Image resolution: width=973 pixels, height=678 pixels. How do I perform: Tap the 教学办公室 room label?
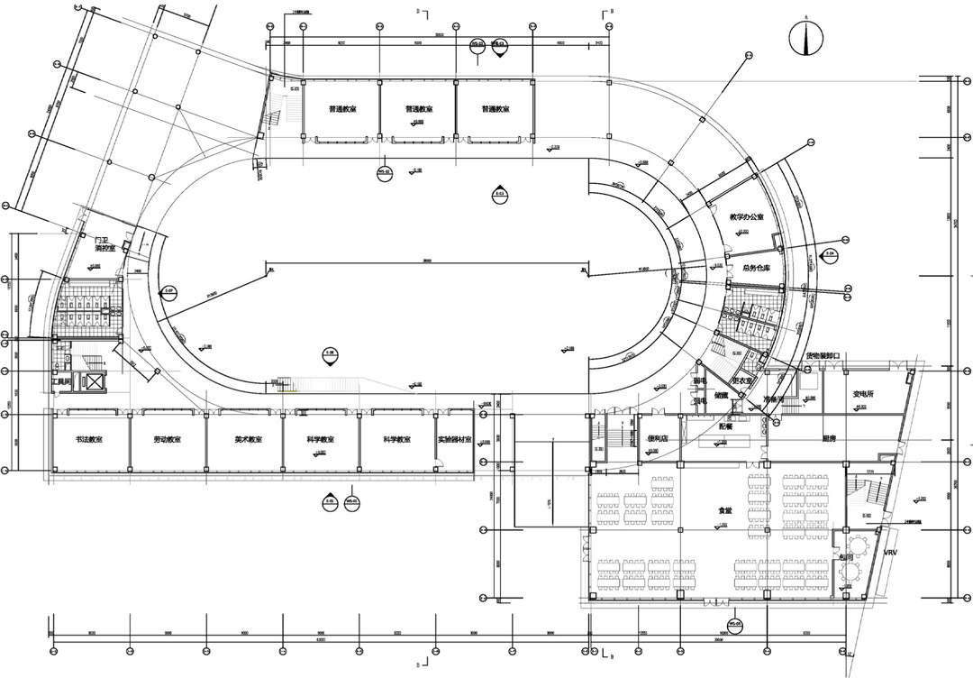[x=747, y=217]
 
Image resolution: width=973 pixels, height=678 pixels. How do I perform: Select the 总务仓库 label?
[x=759, y=268]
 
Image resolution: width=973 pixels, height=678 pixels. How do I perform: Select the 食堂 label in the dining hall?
[x=724, y=510]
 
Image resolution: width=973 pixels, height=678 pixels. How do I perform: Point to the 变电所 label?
[x=864, y=394]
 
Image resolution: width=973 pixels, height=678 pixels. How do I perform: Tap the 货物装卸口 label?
[x=823, y=356]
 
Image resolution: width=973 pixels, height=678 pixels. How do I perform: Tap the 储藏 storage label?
[x=721, y=394]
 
